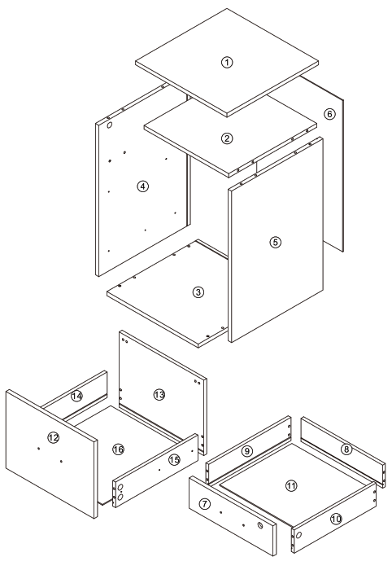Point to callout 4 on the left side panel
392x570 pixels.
(143, 186)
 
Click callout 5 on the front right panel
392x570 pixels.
(275, 242)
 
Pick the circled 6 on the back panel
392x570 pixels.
(329, 114)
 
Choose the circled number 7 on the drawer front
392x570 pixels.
(206, 505)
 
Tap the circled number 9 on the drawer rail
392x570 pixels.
(247, 450)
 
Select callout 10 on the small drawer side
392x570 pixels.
(336, 517)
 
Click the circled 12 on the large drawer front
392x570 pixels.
(54, 438)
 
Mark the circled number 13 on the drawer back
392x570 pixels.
(159, 394)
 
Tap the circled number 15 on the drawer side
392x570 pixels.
(172, 461)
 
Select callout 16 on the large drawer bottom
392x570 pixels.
(118, 449)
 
